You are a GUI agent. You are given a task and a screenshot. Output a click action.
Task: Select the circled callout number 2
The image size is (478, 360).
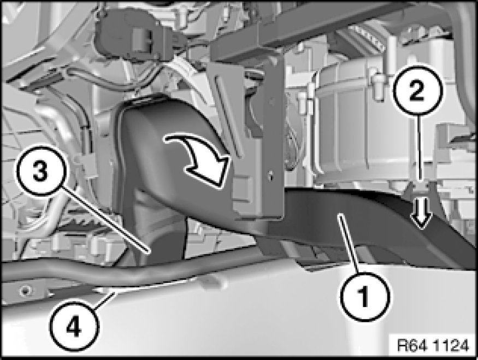(x=417, y=90)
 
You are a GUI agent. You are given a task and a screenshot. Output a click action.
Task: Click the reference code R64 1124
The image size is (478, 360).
(x=433, y=346)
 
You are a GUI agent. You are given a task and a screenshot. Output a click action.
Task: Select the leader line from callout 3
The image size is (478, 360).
(x=104, y=220)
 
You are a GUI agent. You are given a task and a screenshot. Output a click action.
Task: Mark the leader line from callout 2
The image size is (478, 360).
(x=420, y=148)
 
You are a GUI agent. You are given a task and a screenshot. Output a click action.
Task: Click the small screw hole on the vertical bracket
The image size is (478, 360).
(x=269, y=176)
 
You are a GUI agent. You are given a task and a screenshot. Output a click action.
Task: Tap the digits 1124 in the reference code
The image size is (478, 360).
(x=451, y=346)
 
